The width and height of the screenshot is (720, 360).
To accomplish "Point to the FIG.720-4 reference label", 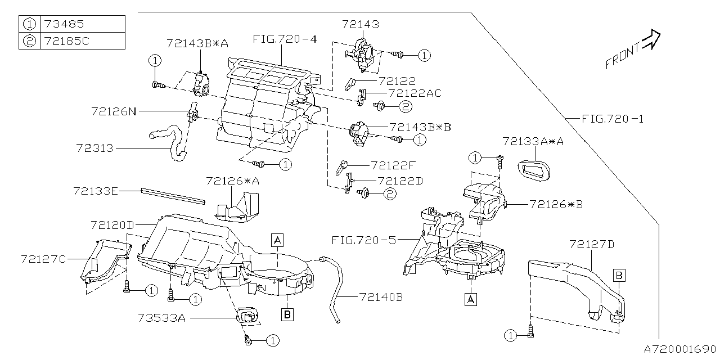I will [x=285, y=39].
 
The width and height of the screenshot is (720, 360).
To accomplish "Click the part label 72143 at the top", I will [x=360, y=24].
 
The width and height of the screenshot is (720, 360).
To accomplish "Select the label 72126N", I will [x=114, y=112].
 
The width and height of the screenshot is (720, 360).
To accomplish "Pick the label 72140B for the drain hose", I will [x=381, y=296].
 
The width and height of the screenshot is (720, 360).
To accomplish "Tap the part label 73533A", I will [x=161, y=318].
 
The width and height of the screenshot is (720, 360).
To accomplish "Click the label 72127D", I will [x=592, y=244].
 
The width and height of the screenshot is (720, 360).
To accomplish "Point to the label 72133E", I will [x=95, y=191].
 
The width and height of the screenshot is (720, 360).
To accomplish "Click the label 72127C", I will [x=43, y=259].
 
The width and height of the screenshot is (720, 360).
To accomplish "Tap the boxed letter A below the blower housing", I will [x=471, y=299].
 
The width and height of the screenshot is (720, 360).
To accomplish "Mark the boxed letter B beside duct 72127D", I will [x=618, y=275].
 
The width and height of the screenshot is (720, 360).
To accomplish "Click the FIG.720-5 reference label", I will [x=363, y=240].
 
